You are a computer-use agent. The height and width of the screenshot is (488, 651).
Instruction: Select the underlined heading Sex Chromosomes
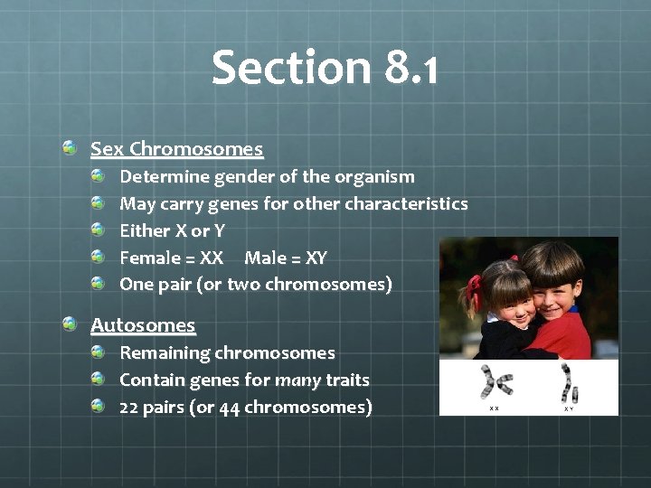coord(176,148)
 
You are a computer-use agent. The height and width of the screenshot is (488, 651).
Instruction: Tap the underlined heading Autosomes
coord(143,324)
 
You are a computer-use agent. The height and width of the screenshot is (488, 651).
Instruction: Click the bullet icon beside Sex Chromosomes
coord(70,146)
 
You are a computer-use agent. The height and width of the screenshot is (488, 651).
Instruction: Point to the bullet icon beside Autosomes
coord(70,323)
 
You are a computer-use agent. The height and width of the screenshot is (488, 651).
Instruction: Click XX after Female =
coord(212,258)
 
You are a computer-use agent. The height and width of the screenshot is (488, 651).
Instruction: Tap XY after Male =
coord(316,258)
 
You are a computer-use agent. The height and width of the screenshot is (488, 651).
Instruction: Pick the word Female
coord(150,258)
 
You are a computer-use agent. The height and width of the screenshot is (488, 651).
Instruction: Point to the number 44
coord(229,408)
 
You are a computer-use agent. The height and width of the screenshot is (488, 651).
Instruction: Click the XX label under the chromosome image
coord(494,408)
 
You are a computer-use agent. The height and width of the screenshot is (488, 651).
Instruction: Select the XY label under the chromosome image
coord(569,408)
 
